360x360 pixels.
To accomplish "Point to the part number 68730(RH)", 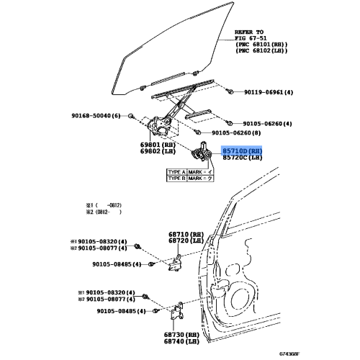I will (184, 336).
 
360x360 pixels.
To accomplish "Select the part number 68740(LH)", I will (184, 343).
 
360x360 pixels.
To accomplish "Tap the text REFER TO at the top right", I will (250, 33).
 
